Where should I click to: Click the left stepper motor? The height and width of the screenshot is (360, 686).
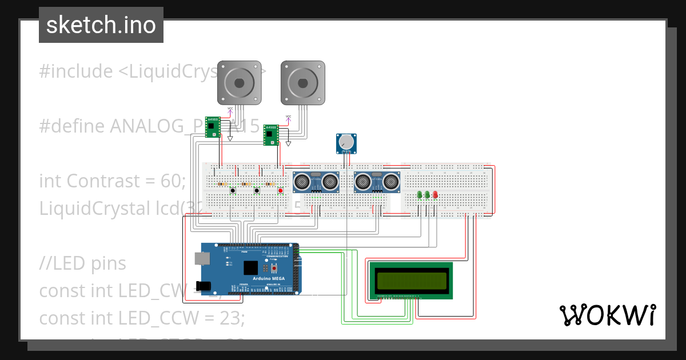pos(240,83)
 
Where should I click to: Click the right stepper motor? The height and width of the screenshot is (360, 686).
pos(303,83)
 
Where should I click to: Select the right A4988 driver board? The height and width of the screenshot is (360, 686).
pos(271,135)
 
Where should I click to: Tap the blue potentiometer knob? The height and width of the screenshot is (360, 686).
pos(346,142)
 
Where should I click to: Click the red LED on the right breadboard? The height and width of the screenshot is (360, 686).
pos(435,195)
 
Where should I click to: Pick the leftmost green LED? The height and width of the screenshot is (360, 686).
pos(420,195)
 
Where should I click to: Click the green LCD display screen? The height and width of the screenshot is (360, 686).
pos(411,279)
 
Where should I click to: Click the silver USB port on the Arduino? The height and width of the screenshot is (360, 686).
pos(202,259)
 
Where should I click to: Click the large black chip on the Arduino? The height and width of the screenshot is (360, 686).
pos(250,267)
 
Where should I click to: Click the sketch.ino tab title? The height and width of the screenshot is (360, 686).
pos(101,25)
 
